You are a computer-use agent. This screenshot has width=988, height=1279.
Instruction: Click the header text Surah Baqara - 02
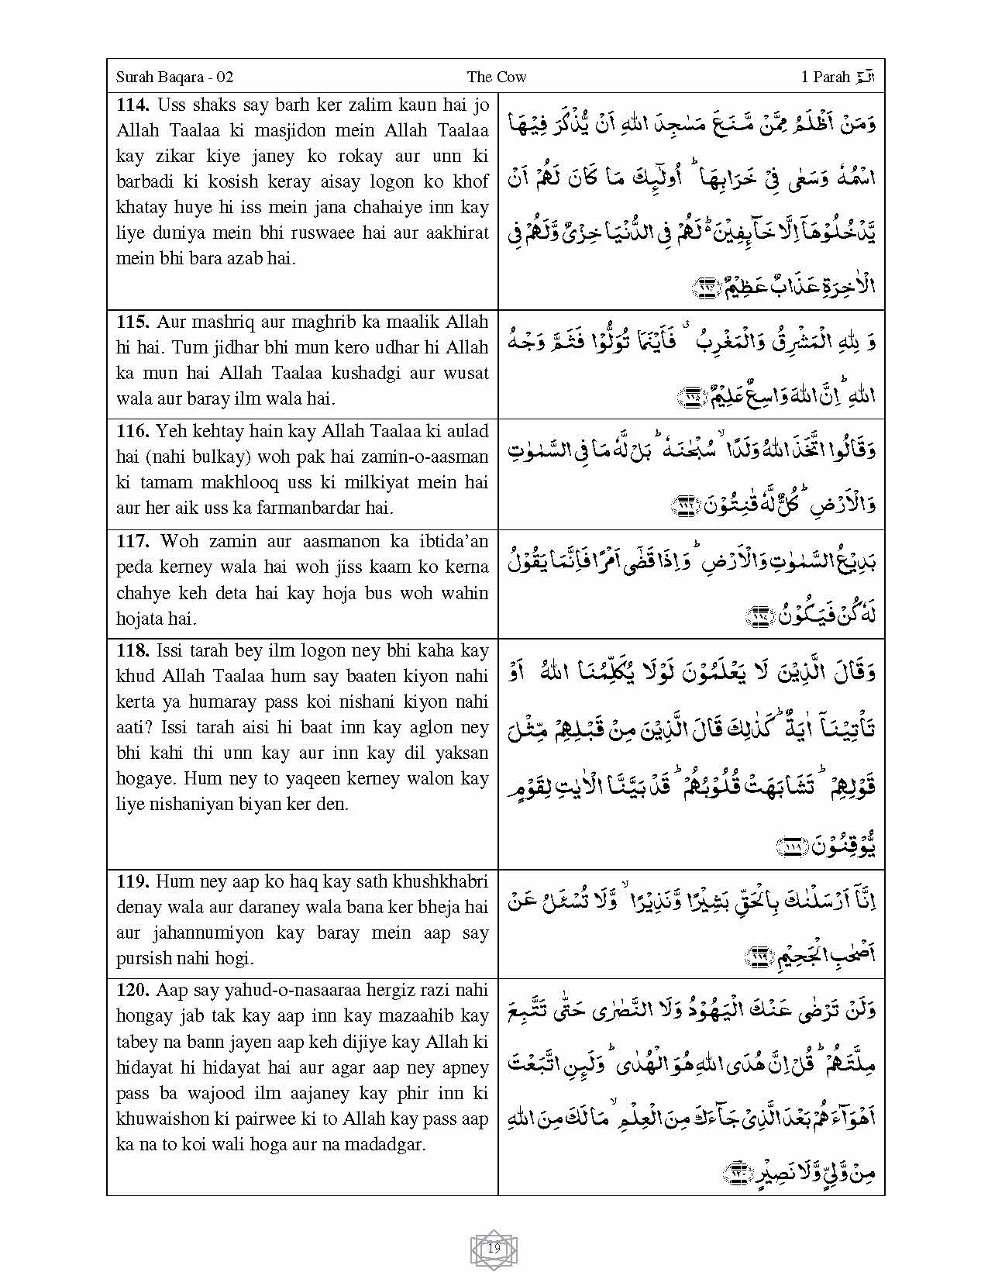coord(174,77)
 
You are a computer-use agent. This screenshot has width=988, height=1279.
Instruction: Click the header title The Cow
coord(497,77)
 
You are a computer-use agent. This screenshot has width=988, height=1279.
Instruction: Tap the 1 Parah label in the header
coord(826,77)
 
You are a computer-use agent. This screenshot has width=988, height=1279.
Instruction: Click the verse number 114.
coord(133,105)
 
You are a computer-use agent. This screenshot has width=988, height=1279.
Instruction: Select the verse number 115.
coord(133,322)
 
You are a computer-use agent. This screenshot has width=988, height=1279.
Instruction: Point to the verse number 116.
coord(133,431)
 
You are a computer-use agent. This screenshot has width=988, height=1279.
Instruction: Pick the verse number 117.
coord(133,541)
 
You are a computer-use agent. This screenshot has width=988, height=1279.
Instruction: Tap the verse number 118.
coord(133,650)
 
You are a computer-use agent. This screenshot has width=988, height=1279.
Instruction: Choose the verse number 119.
coord(133,881)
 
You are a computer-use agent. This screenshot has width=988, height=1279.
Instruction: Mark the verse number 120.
coord(133,991)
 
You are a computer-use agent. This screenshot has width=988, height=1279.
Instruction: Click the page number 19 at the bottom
coord(494,1249)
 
